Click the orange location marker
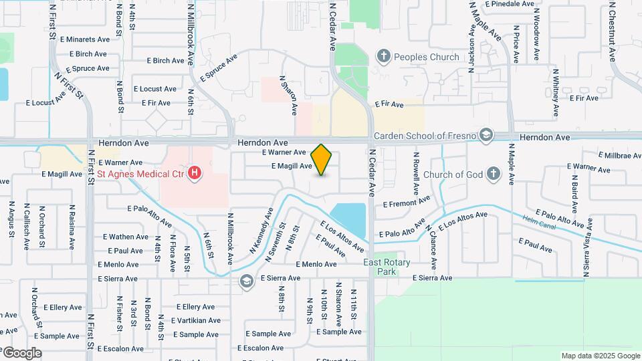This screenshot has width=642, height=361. point(322,160)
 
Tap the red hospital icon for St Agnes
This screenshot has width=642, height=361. point(195,174)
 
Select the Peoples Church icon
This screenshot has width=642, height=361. point(384,56)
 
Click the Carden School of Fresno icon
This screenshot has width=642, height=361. point(486,136)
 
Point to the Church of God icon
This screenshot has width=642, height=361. point(494,174)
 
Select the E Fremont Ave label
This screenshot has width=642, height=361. point(407,202)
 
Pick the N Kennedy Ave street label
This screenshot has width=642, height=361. point(261,230)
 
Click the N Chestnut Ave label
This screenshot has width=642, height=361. point(611,31)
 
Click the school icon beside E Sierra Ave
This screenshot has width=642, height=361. point(247,281)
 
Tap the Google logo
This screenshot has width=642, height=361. point(21,353)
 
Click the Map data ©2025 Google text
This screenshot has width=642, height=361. point(601,356)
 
